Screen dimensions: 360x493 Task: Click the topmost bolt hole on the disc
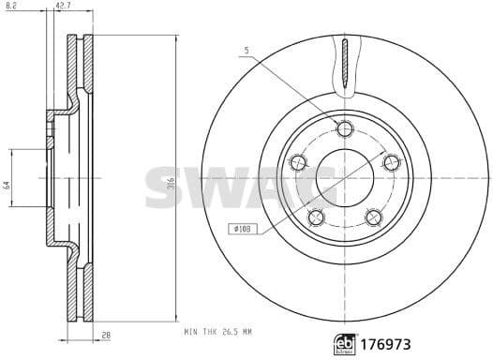coord(344,128)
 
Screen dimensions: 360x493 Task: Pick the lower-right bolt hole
coord(373,217)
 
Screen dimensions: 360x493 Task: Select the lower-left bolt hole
coord(316,217)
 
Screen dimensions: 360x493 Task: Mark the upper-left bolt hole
coord(298,162)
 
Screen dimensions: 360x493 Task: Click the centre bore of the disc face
coord(344,177)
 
